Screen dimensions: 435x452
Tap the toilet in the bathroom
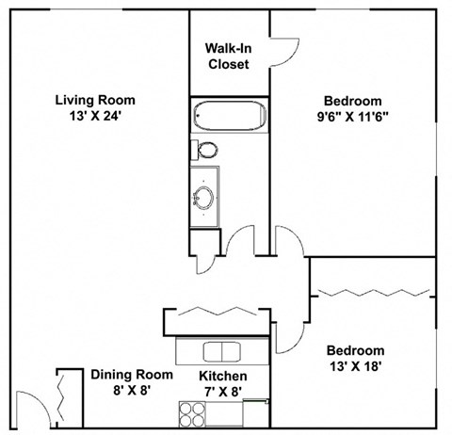coord(205,150)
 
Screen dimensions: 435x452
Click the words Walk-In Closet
coord(227,56)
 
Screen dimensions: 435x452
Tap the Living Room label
coord(94,101)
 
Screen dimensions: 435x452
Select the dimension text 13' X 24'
coord(94,118)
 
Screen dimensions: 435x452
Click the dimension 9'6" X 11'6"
coord(352,118)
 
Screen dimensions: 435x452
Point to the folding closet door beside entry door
coord(62,395)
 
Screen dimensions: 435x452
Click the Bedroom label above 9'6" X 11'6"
coord(352,102)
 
